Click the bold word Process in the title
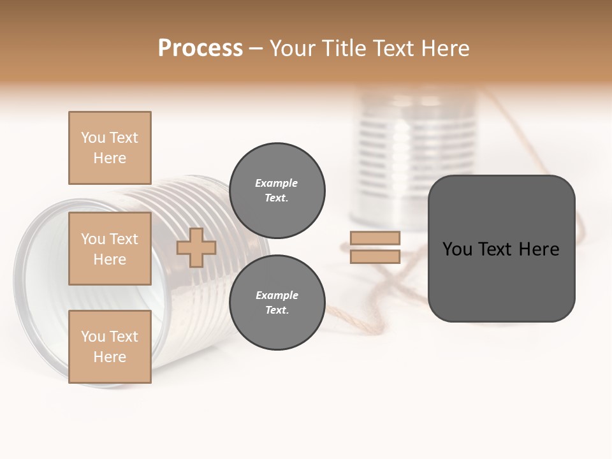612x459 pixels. point(200,48)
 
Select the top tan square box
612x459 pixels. point(110,148)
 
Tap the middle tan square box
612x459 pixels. point(110,249)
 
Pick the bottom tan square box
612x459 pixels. point(110,347)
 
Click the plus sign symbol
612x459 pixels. point(196,247)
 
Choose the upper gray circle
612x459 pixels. point(277,190)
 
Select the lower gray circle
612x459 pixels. point(277,302)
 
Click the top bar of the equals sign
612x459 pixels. point(375,238)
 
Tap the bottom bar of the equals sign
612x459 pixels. point(375,257)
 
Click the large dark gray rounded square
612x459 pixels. point(501,280)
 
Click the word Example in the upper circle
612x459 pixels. point(276,183)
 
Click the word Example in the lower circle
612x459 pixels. point(276,295)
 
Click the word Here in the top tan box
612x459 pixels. point(110,158)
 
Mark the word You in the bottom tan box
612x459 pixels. point(93,337)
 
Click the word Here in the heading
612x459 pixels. point(444,48)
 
